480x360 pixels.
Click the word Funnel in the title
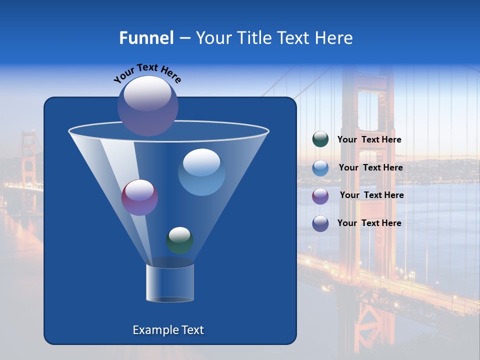coord(146,38)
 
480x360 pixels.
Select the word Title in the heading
coord(253,38)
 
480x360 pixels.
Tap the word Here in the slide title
coord(334,38)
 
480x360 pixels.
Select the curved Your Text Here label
coord(147,73)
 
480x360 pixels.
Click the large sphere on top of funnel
coord(147,105)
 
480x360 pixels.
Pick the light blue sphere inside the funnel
coord(201,172)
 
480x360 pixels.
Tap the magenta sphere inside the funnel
coord(139,197)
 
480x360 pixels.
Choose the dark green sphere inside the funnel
coord(179,240)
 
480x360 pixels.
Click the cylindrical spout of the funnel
coord(169,282)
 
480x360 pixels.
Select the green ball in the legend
coord(320,139)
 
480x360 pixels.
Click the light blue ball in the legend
coord(320,168)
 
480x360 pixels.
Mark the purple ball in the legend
coord(320,195)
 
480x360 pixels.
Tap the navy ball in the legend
coord(320,223)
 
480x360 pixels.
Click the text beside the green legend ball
coord(369,140)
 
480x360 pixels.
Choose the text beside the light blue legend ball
coord(370,168)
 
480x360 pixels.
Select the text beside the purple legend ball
coord(371,195)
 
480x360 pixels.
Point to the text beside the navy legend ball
coord(369,223)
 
